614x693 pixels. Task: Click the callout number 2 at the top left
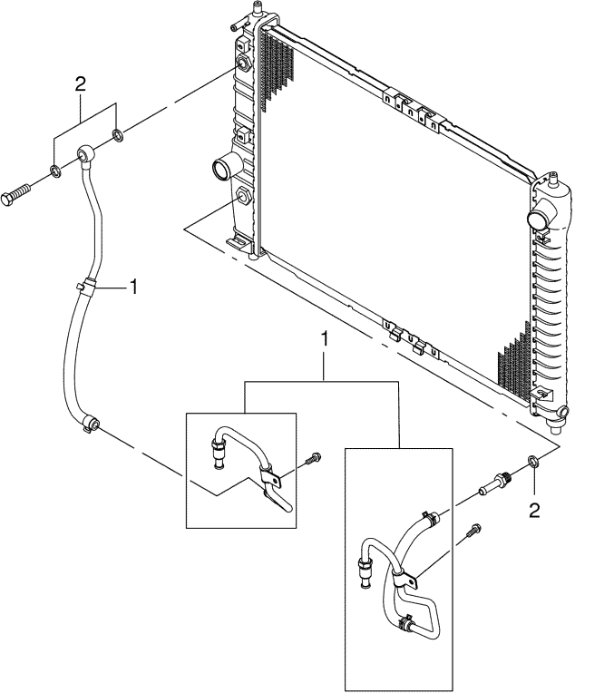[x=81, y=84]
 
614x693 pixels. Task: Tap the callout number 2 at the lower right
[x=534, y=510]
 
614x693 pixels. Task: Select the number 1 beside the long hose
[x=132, y=287]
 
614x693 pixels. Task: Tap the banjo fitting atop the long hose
[x=84, y=155]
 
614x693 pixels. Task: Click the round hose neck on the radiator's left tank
[x=223, y=169]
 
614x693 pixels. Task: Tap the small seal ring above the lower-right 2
[x=534, y=464]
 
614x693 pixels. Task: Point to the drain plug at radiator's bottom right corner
[x=563, y=415]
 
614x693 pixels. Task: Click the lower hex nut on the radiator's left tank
[x=244, y=196]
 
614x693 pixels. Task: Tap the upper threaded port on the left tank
[x=243, y=65]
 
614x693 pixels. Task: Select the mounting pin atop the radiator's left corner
[x=258, y=9]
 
